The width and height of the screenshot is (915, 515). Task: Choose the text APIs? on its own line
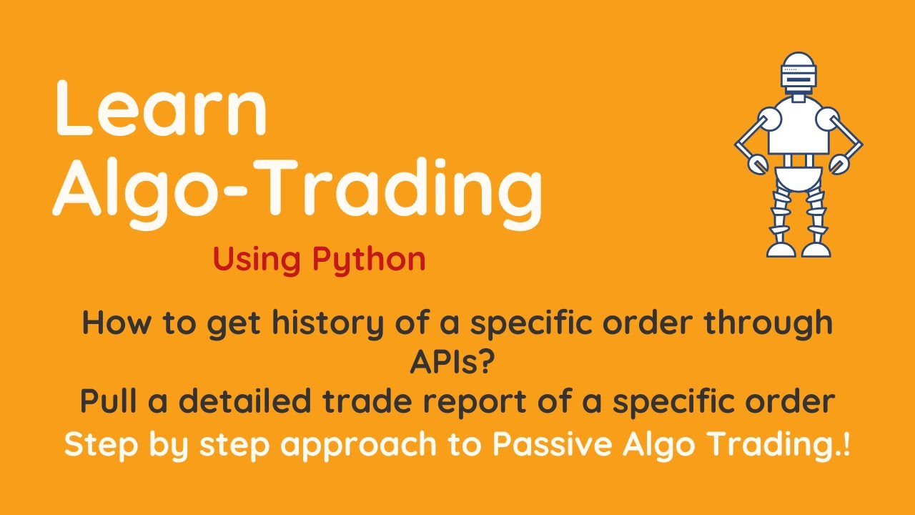click(x=452, y=363)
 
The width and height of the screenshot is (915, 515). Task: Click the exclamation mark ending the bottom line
click(x=846, y=444)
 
